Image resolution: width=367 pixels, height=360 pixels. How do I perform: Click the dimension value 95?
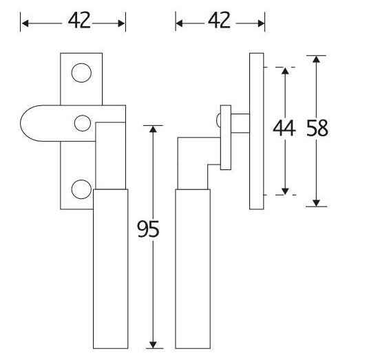coord(148,229)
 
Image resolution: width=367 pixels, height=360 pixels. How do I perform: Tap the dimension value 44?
coord(284,128)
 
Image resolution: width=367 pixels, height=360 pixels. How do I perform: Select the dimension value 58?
coord(317,128)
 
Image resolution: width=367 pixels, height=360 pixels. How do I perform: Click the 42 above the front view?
coord(79,21)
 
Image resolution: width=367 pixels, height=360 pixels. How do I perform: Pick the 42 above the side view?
coord(219,21)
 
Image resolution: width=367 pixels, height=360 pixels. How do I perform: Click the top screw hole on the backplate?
coord(81,73)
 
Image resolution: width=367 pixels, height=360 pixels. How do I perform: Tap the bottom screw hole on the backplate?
coord(81,189)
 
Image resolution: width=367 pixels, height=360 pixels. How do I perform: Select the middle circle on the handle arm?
coord(83,123)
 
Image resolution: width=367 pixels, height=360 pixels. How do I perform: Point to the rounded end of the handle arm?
coord(21,123)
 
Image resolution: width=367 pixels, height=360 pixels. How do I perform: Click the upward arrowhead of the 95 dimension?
coord(153,129)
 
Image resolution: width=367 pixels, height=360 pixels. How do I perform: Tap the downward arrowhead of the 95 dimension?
coord(153,345)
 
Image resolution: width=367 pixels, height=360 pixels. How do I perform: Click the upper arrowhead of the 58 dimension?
coord(316,59)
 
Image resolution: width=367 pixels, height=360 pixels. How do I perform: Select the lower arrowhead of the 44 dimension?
coord(285,191)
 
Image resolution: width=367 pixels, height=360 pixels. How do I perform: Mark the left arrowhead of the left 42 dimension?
coord(25,23)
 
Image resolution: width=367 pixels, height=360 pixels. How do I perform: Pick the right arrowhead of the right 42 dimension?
coord(261,23)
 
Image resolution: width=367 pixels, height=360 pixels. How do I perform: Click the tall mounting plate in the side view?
coord(257,131)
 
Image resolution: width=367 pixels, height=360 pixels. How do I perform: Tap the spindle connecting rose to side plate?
coord(240,123)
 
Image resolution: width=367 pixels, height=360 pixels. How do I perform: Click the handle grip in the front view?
coord(110,268)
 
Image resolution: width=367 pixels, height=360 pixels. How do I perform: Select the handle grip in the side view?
coord(193,268)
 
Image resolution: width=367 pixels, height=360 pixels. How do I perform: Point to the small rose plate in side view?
coord(226,137)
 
